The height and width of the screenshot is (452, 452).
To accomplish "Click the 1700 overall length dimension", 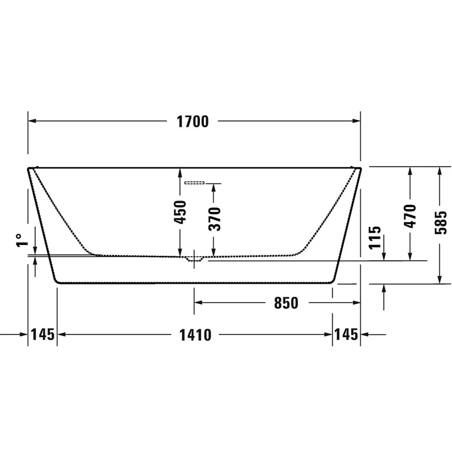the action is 193,122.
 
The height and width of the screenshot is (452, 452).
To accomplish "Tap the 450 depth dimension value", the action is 180,212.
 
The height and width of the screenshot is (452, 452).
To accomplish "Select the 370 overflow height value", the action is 214,219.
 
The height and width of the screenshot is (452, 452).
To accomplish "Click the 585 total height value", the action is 441,222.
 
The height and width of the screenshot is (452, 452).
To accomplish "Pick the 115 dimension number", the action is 375,238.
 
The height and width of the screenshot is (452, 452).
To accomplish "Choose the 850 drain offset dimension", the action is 286,303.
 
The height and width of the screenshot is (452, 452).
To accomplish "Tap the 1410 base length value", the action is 195,335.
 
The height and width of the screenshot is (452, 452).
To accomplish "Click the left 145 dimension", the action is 42,334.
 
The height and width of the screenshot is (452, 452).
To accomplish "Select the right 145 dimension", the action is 346,334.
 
